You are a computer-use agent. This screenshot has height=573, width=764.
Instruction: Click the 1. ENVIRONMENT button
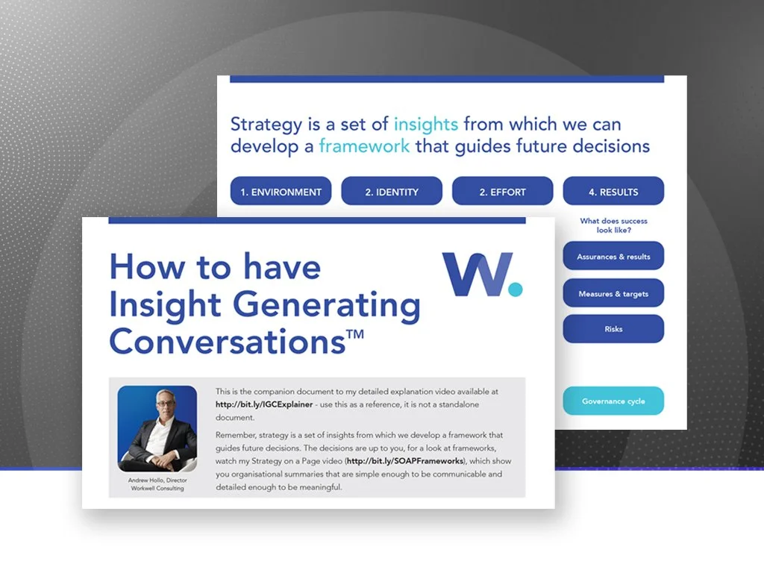click(281, 192)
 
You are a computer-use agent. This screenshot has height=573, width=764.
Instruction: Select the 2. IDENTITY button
click(392, 192)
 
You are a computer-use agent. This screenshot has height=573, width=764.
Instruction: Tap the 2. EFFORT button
click(502, 192)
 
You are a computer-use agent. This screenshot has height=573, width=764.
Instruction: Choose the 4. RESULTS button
click(613, 192)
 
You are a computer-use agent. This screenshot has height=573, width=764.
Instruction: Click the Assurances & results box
click(613, 257)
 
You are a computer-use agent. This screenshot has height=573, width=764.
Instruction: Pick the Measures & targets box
click(613, 294)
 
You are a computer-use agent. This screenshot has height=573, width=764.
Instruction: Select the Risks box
click(613, 329)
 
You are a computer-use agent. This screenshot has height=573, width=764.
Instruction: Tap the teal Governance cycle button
click(613, 401)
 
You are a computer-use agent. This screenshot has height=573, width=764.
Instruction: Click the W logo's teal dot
click(513, 287)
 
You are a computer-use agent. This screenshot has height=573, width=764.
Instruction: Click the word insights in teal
click(425, 125)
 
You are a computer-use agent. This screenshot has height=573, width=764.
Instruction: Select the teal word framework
click(364, 145)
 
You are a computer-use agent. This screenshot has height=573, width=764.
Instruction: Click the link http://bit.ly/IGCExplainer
click(263, 404)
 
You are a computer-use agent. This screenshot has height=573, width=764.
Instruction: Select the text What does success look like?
click(613, 225)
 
